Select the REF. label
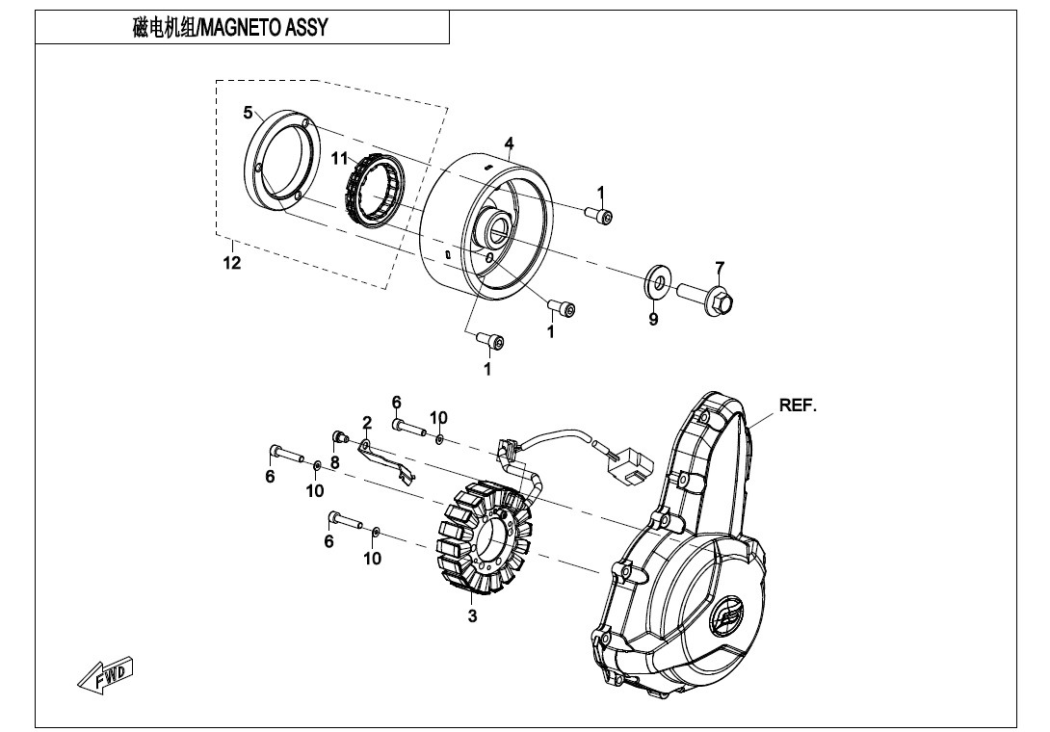[x=797, y=405]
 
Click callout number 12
[x=231, y=263]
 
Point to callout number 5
[x=248, y=113]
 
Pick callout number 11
[x=339, y=159]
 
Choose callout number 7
[x=719, y=267]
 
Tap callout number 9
[x=653, y=320]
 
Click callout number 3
[x=472, y=616]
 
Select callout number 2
[x=367, y=422]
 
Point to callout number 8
[x=334, y=462]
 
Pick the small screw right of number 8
[x=340, y=439]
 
